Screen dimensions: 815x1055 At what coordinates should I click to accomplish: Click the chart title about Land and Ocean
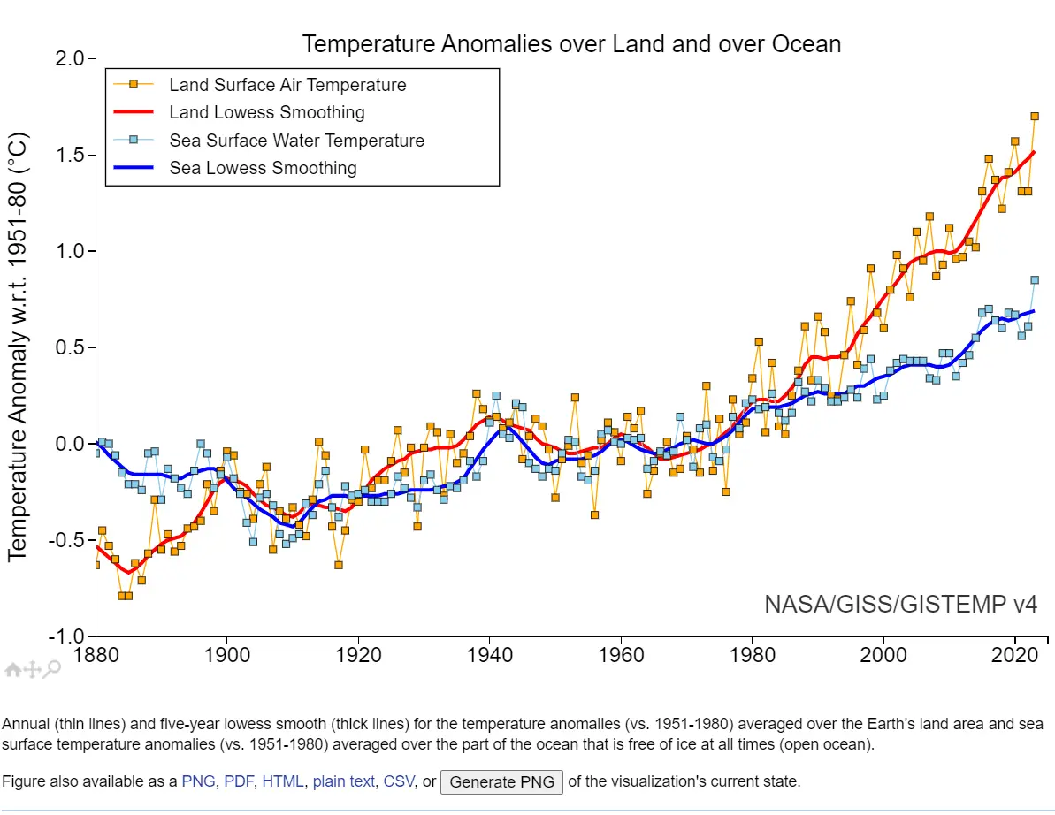571,43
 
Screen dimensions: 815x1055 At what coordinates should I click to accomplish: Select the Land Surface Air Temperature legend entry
287,85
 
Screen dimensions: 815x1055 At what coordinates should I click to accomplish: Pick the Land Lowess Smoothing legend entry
267,112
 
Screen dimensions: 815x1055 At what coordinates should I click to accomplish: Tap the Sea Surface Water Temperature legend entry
296,141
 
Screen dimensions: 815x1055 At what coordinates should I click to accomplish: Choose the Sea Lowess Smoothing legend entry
263,168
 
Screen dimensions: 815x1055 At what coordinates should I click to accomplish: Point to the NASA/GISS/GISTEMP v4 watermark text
900,605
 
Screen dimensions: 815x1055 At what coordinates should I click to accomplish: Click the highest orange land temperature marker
1035,116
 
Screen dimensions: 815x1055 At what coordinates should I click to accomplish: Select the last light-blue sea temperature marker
1035,280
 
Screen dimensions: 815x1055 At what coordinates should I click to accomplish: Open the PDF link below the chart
240,781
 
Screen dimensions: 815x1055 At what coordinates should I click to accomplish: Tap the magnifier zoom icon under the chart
53,669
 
